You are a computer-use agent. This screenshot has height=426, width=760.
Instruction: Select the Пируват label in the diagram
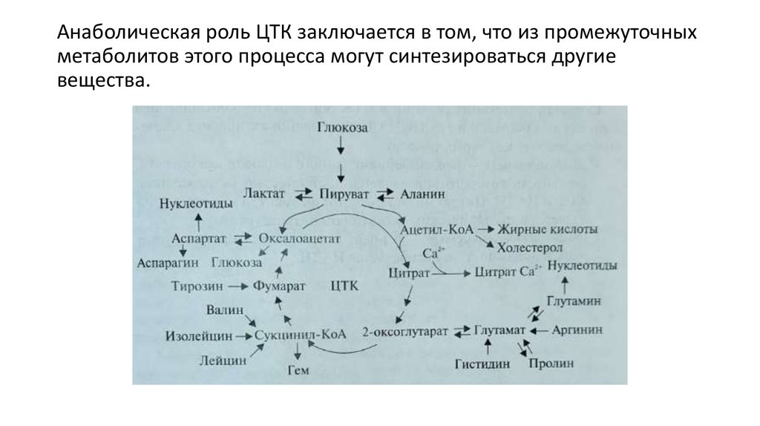click(x=344, y=193)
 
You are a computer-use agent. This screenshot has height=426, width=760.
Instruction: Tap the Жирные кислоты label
click(x=537, y=230)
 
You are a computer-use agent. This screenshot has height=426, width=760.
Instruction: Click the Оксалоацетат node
click(x=299, y=239)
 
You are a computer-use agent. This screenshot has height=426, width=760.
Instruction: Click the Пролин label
click(x=549, y=364)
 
